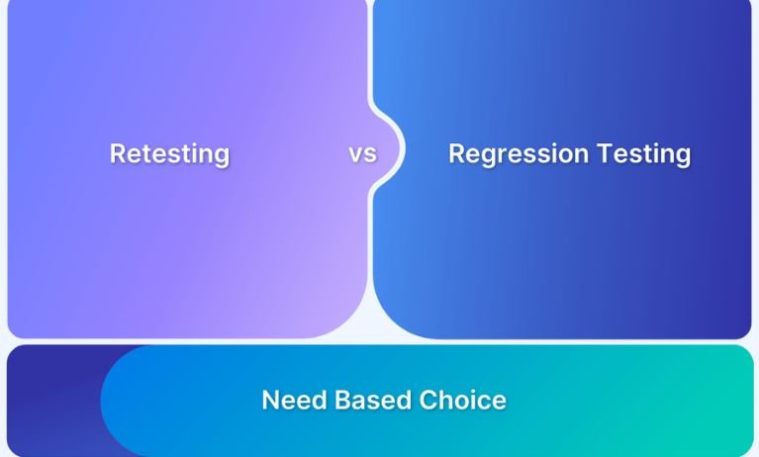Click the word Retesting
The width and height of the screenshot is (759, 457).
pos(169,154)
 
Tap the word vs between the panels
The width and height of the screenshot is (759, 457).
pos(362,154)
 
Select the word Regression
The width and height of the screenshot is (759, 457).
pos(517,154)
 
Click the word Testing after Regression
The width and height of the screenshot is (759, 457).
pos(643,154)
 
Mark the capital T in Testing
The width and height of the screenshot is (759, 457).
pos(603,153)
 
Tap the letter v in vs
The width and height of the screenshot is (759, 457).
pos(355,155)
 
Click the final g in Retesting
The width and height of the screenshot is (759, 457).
pos(221,157)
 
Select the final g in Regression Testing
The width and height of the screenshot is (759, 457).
pos(682,157)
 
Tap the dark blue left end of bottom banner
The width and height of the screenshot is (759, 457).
pos(49,401)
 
